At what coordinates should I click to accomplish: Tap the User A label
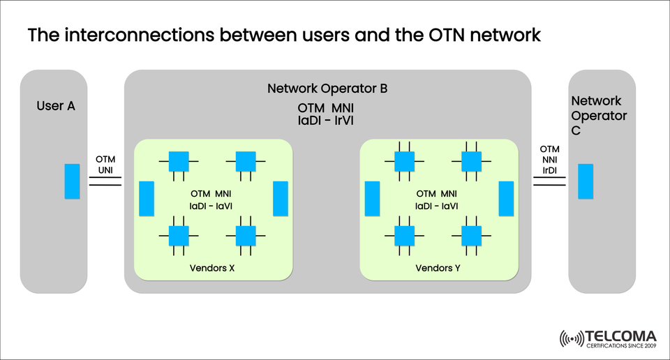coord(56,106)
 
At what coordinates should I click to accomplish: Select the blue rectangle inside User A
coord(73,181)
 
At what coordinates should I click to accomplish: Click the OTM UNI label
coord(105,164)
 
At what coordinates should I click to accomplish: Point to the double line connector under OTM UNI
coord(105,181)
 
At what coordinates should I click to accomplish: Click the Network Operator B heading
coord(327,89)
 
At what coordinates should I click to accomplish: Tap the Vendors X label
coord(211,268)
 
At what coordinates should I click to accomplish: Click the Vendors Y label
coord(438,268)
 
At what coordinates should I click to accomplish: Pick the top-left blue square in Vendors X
coord(179,161)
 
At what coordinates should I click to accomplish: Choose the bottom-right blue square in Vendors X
coord(246,236)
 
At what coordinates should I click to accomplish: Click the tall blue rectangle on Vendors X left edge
coord(147,198)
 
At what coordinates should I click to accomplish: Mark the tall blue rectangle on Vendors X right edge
coord(281,198)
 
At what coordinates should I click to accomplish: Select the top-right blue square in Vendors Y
coord(471,161)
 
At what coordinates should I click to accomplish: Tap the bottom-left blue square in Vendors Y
coord(404,236)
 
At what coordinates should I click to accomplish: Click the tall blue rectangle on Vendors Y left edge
coord(372,198)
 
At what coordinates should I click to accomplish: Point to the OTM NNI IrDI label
coord(550,160)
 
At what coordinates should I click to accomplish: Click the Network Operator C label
coord(598,116)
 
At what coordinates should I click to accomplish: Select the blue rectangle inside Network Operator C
coord(586,181)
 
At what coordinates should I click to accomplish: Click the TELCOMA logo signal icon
coord(572,339)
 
